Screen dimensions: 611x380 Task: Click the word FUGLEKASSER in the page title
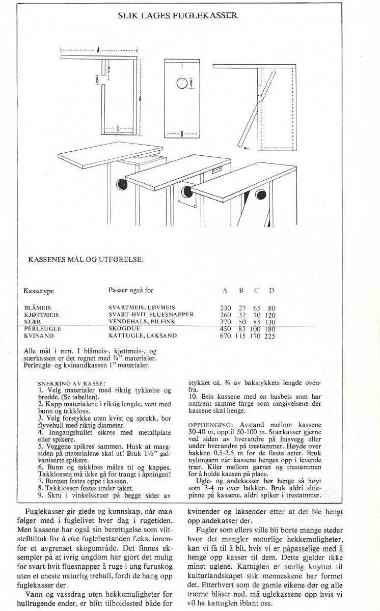209,16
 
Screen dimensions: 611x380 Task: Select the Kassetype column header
39,291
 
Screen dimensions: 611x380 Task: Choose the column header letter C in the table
257,291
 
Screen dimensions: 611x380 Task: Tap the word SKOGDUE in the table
123,329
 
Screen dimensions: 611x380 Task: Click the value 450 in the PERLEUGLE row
226,329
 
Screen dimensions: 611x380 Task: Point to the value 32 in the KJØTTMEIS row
241,315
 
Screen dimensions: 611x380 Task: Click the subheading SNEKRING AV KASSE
72,383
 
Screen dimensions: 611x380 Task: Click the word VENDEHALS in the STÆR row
126,322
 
